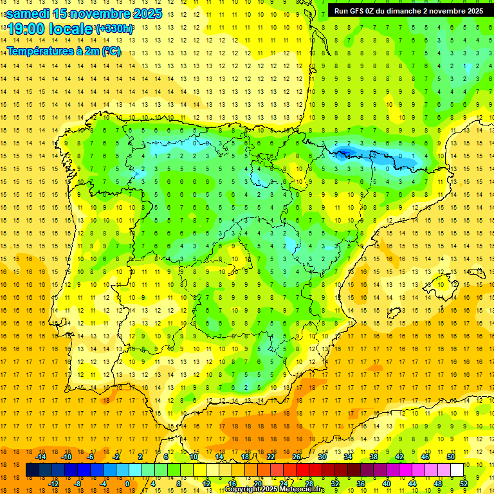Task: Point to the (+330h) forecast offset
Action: [114, 29]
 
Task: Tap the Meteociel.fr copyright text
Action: [275, 489]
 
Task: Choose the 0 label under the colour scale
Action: [127, 484]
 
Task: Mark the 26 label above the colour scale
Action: [297, 457]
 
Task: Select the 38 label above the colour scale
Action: [374, 457]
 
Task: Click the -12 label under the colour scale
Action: [53, 484]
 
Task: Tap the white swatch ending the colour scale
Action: [457, 470]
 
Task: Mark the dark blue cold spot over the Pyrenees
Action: [345, 152]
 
